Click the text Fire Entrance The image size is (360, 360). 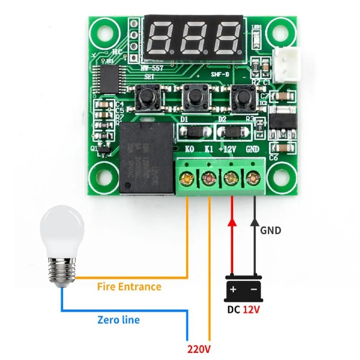coord(129,287)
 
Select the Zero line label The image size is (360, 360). coord(118,320)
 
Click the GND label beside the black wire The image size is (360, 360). coord(271,230)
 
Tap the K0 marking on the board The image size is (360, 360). coord(190,149)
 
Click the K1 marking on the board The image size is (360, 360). coord(209,149)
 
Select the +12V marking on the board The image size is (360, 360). coord(228,149)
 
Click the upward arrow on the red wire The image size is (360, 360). coord(232,223)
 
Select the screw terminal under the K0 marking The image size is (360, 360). coord(185,180)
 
